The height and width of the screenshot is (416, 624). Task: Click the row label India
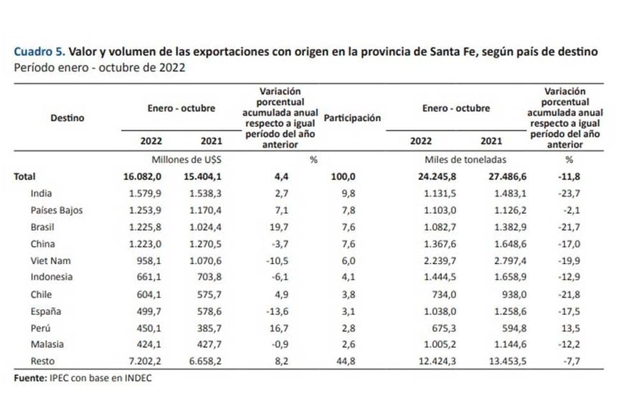[x=42, y=193]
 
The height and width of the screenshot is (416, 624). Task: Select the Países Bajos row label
[x=57, y=210]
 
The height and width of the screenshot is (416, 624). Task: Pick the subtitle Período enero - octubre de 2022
[x=100, y=68]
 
